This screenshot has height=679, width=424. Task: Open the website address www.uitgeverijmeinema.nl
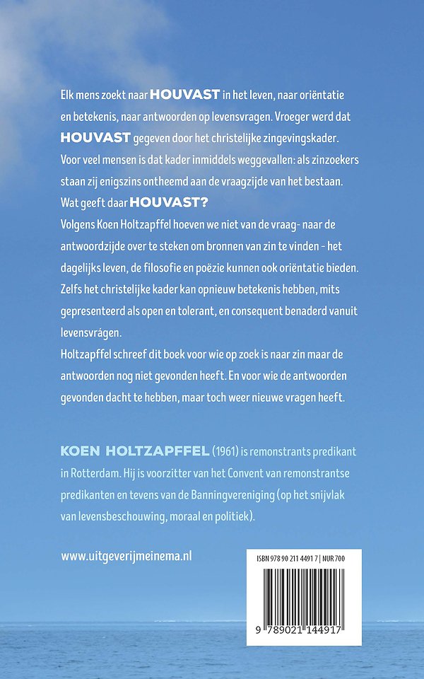(x=126, y=556)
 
